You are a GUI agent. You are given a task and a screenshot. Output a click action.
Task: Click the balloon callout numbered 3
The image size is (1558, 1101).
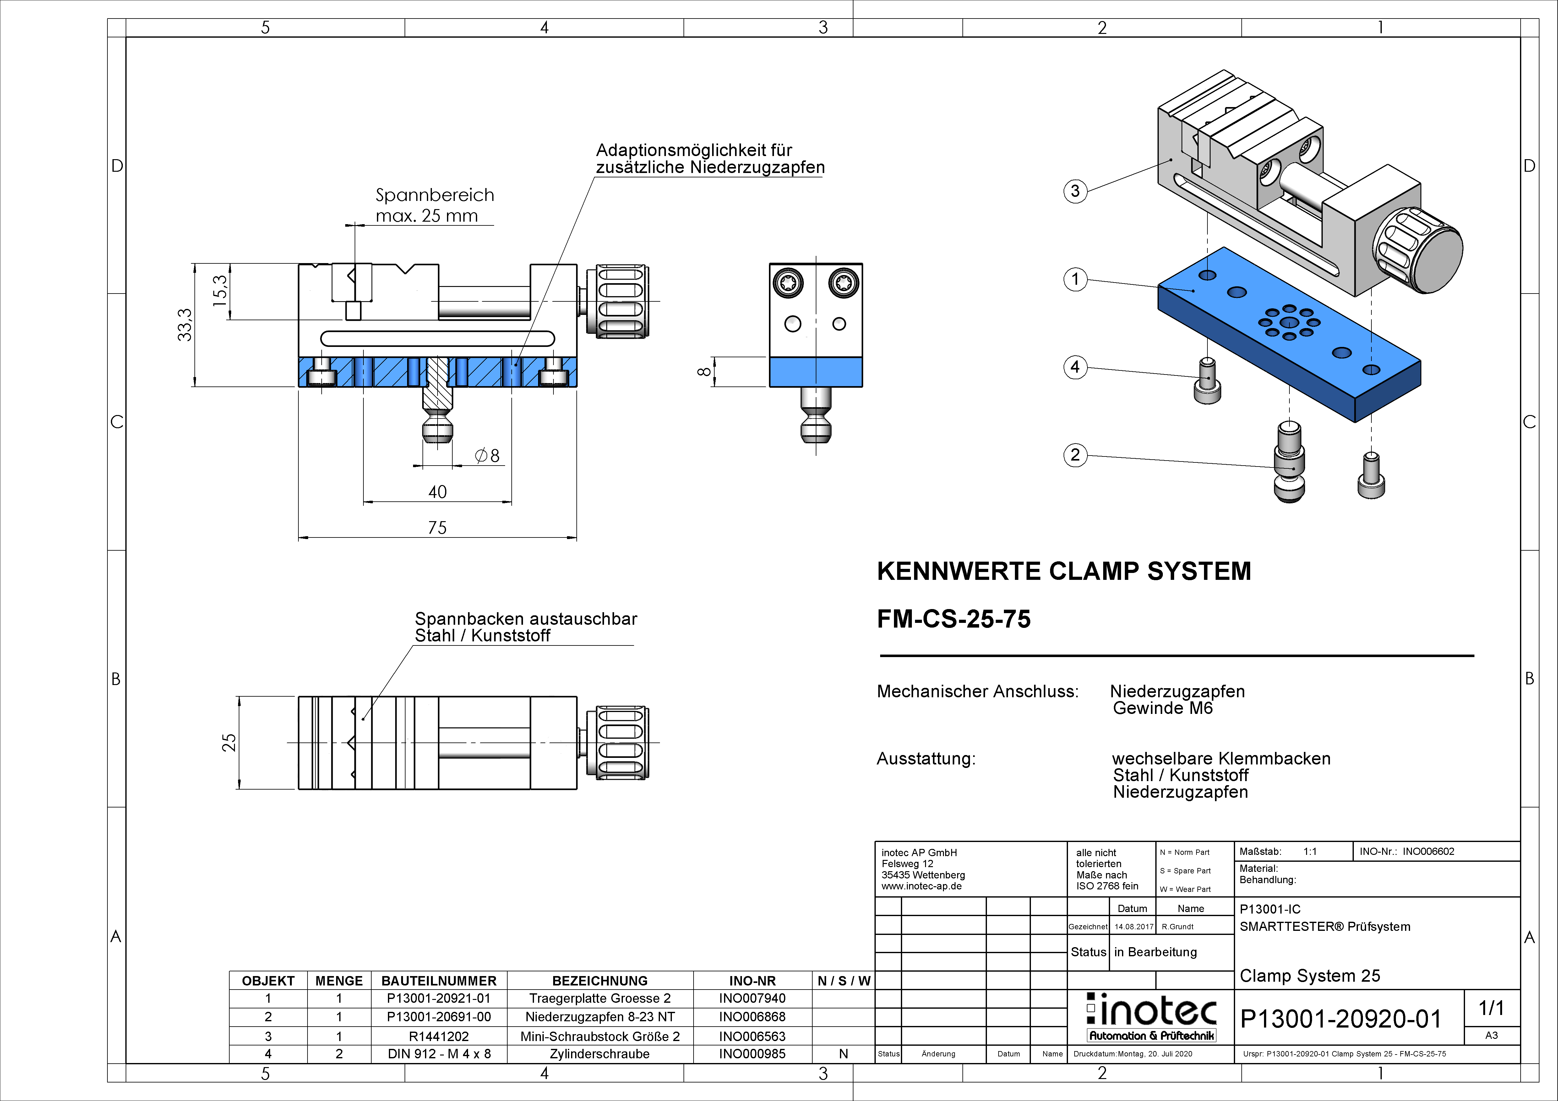click(x=1075, y=191)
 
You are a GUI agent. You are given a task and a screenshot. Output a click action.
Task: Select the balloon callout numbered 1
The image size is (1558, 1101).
click(x=1075, y=279)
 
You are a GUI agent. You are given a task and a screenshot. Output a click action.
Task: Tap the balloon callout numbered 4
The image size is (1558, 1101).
click(x=1075, y=367)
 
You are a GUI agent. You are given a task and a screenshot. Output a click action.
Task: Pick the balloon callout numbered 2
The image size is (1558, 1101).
click(x=1075, y=455)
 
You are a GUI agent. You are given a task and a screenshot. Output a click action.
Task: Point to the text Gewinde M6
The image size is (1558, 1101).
click(x=1163, y=708)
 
